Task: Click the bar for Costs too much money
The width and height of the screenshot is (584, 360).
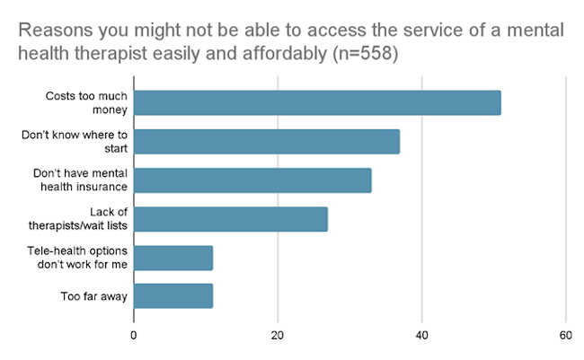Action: [x=317, y=102]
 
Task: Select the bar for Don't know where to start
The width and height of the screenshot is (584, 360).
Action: [x=267, y=141]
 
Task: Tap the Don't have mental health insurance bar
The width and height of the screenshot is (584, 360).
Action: [x=252, y=180]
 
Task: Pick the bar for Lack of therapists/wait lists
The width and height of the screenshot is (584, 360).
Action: [x=231, y=218]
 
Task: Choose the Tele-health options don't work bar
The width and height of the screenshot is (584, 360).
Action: [x=173, y=257]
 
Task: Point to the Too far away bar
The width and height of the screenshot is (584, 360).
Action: [x=173, y=295]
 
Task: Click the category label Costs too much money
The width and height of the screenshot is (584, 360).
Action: [x=86, y=102]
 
